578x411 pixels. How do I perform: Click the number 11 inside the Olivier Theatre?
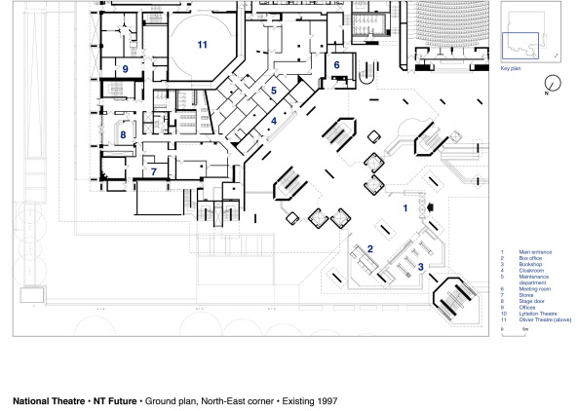click(202, 45)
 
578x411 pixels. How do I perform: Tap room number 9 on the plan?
click(126, 68)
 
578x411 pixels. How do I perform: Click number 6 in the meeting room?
click(337, 65)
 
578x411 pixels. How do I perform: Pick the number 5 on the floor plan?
click(275, 90)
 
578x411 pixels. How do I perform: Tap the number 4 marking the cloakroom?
click(275, 121)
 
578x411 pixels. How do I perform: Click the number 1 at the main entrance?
click(406, 207)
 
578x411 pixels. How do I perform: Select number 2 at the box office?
click(370, 250)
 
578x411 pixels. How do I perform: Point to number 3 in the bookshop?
click(419, 265)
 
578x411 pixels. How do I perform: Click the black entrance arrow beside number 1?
click(430, 207)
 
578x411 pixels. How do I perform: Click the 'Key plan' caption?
click(512, 70)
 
